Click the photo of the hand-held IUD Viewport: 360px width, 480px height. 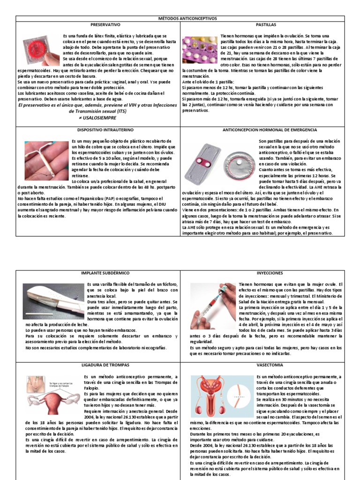[x=46, y=159]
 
